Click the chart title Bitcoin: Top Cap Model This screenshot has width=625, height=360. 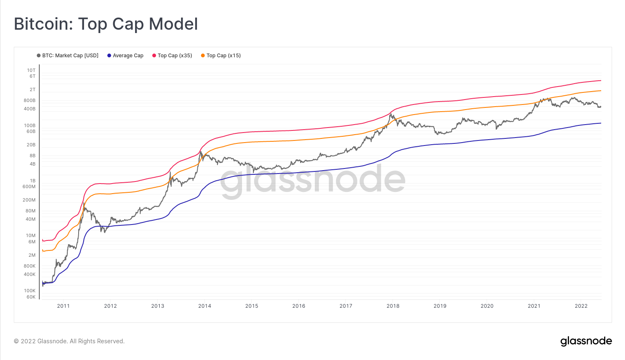pos(106,24)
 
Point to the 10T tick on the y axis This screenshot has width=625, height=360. pos(31,70)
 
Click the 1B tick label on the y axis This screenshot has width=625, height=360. pos(33,181)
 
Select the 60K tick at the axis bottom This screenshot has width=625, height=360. pos(31,297)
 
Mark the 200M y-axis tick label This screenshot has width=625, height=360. pos(29,200)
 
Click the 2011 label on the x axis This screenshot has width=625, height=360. pos(64,306)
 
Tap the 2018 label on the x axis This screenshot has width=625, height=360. pos(393,306)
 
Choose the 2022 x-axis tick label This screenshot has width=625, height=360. pos(581,306)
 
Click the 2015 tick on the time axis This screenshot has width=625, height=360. pos(252,306)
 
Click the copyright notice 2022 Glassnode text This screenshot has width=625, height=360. pos(69,341)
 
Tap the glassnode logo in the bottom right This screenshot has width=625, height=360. pos(586,341)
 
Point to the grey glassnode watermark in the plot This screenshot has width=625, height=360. pos(313,180)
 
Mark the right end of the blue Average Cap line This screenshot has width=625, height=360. pos(601,123)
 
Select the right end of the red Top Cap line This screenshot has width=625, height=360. pos(601,80)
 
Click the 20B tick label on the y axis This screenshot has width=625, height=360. pos(31,145)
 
